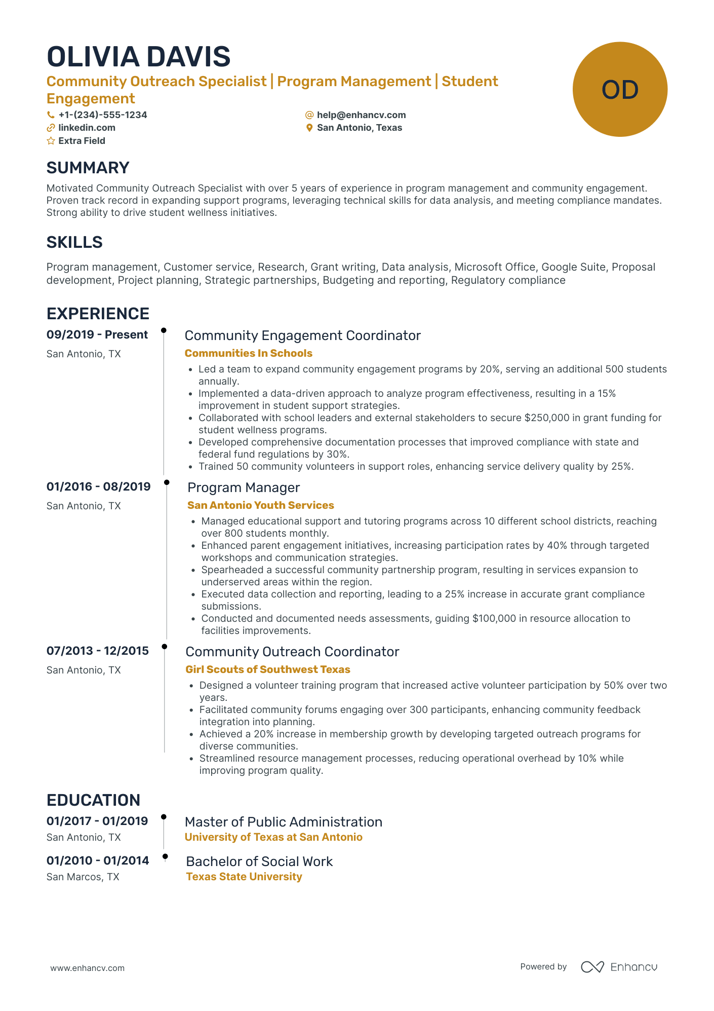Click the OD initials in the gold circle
point(619,90)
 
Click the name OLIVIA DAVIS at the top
point(138,57)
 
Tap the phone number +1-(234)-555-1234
point(102,115)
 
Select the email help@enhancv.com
point(361,115)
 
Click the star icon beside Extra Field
point(51,141)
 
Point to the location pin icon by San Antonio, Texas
point(309,128)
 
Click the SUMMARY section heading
point(88,168)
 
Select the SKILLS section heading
point(74,242)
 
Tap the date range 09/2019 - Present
point(97,334)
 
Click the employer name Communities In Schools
point(248,353)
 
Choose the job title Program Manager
point(244,488)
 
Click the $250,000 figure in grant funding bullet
point(547,418)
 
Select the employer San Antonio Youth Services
point(260,505)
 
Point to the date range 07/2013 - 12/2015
point(98,651)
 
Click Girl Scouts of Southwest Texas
point(267,669)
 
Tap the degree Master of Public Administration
point(283,822)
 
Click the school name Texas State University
point(244,877)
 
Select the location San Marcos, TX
point(83,877)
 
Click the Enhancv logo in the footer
point(619,967)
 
